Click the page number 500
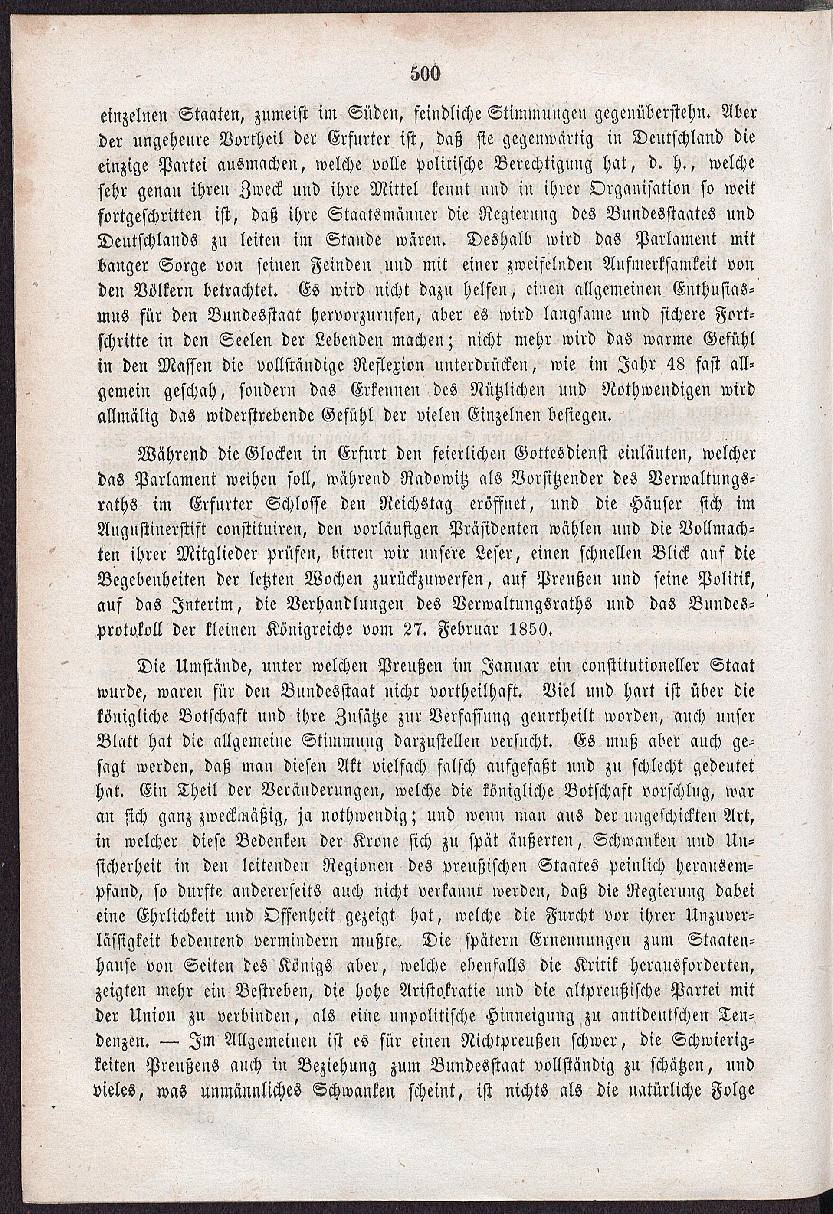click(426, 74)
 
